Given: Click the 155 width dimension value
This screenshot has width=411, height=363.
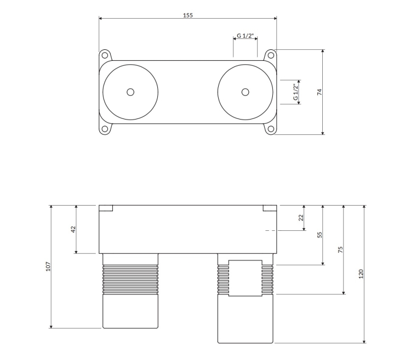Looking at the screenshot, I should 188,15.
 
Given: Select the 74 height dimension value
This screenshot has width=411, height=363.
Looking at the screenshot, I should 319,92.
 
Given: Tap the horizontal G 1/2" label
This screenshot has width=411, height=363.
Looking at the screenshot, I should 245,36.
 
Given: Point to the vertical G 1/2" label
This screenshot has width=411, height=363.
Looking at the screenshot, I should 295,92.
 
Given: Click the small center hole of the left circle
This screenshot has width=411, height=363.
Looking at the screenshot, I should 130,92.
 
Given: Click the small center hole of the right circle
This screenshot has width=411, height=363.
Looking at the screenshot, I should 246,92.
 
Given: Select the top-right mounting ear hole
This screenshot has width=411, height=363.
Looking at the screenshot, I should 271,55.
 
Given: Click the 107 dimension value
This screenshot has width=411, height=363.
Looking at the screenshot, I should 48,266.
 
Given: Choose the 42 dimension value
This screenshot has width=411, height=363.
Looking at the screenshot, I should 73,229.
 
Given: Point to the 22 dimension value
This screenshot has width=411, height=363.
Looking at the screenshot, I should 301,218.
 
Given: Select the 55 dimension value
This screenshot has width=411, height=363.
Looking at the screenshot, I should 319,235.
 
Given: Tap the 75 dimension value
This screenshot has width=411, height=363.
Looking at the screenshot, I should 340,249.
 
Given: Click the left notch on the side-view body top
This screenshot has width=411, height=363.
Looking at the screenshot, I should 106,208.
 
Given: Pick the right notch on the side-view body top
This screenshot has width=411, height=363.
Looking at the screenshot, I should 271,208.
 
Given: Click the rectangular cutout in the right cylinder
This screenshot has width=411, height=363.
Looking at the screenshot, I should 245,277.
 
